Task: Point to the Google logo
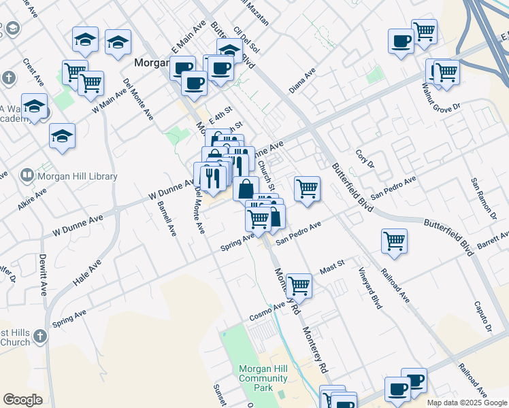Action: point(22,400)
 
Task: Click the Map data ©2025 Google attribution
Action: point(467,403)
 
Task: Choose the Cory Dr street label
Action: point(365,160)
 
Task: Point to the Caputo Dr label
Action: point(484,317)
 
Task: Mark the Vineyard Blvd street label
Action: point(371,288)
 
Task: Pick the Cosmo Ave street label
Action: point(267,312)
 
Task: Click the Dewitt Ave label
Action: point(43,275)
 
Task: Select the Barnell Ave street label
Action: point(167,218)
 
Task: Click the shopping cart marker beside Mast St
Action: point(299,286)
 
